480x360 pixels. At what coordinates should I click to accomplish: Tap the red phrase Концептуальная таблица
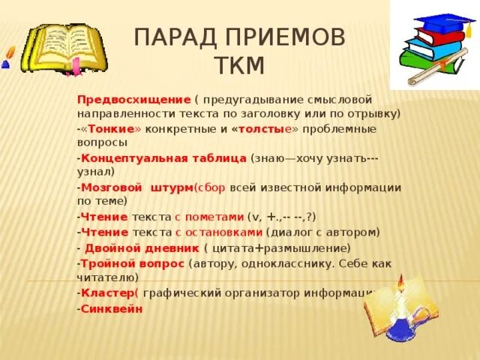tap(163, 158)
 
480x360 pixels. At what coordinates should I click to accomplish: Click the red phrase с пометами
tap(210, 217)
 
